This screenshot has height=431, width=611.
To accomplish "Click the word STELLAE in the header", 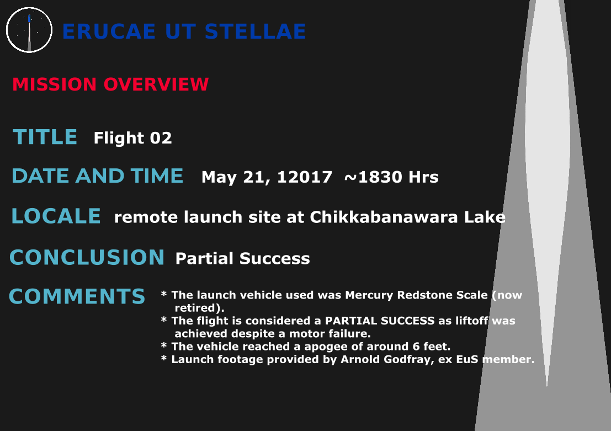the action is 255,31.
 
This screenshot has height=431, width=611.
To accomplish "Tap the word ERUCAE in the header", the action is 109,31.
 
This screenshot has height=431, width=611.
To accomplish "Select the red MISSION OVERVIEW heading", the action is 110,84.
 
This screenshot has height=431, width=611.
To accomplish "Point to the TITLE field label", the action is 45,137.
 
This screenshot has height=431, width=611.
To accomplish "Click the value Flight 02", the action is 132,138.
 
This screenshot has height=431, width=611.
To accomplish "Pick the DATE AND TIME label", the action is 97,175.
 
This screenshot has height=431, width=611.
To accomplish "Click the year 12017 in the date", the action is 304,177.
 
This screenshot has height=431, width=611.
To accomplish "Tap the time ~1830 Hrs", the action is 391,177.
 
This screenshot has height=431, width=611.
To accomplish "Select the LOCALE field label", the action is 56,216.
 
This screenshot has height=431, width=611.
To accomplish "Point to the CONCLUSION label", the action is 87,257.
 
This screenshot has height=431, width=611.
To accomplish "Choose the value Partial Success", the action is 242,258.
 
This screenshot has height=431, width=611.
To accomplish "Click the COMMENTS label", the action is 77,296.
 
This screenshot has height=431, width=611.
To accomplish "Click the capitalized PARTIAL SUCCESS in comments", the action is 380,321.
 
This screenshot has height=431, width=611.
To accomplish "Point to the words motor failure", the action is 330,333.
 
